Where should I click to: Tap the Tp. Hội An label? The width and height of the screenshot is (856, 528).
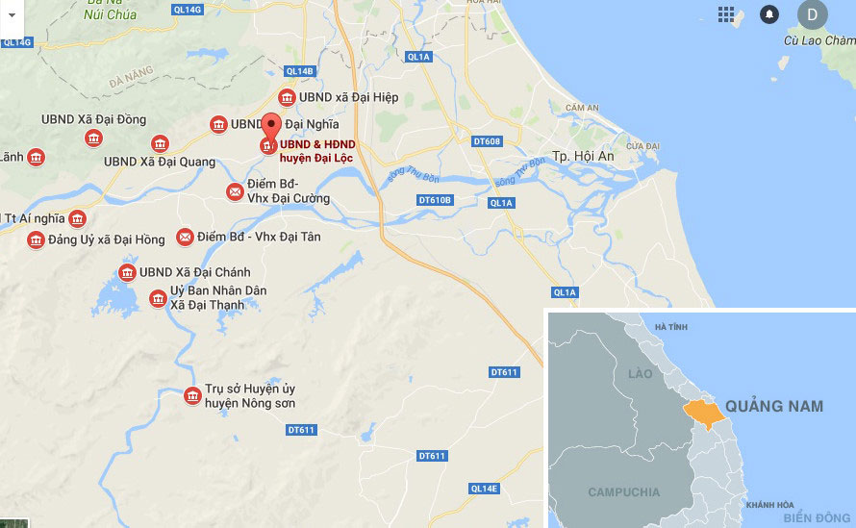coord(583,156)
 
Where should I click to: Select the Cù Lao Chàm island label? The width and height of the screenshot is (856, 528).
coord(819,41)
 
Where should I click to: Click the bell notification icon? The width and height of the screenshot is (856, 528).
coord(769,14)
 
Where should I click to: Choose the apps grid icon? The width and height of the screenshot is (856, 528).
coord(726,14)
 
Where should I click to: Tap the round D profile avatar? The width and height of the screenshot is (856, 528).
coord(813,14)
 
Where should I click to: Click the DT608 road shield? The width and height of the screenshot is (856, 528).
coord(488,142)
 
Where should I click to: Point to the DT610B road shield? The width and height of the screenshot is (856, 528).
coord(435,200)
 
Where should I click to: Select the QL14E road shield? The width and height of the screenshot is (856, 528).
coord(485,489)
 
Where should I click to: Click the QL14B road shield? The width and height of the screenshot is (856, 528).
coord(300,71)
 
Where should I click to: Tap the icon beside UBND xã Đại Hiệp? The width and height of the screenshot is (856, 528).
coord(287,98)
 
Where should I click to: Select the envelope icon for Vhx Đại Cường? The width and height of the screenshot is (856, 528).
coord(235,192)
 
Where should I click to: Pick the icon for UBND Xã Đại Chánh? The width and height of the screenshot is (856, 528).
coord(127,273)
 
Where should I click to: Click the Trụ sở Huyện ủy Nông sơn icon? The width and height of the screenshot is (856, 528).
coord(192,395)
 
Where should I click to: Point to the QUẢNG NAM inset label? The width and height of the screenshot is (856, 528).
coord(774,406)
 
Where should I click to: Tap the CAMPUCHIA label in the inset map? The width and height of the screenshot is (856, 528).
coord(624,492)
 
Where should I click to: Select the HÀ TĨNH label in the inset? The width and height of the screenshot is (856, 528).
coord(671,327)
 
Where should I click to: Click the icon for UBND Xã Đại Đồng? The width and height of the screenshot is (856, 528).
coord(93,138)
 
